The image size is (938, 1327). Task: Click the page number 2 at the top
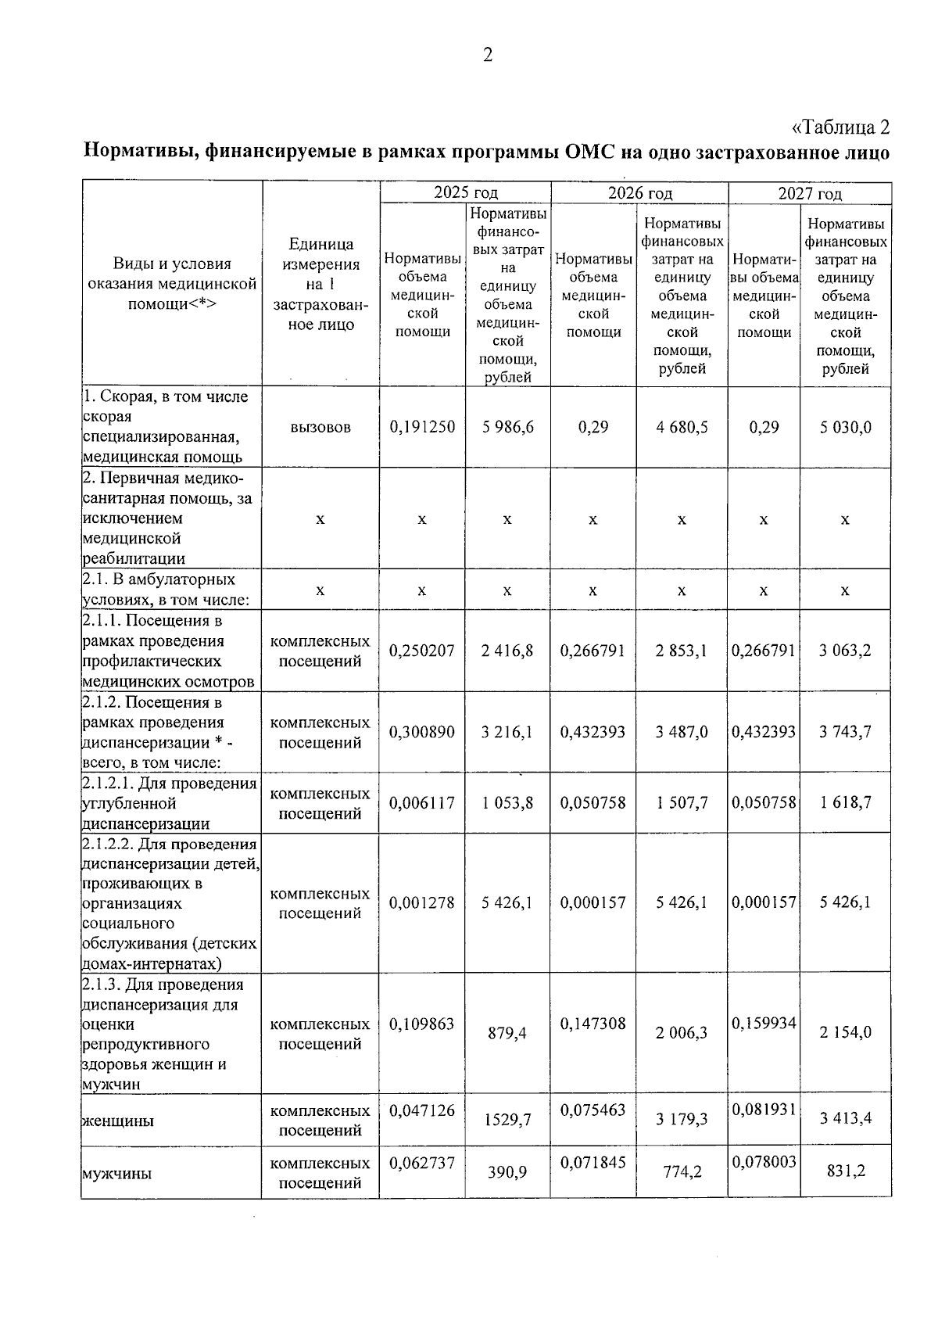coord(488,55)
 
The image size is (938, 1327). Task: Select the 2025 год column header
coord(466,193)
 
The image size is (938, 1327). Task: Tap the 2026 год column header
coord(640,193)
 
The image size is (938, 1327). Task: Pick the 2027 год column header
coord(810,193)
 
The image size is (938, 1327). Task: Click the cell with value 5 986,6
coord(508,427)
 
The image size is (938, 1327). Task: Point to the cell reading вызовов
coord(320,427)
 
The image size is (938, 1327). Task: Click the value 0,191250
coord(422,427)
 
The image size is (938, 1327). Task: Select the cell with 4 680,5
coord(682,427)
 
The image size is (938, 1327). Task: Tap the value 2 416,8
coord(508,651)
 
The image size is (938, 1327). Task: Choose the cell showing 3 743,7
coord(845,732)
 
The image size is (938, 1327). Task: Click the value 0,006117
coord(422,803)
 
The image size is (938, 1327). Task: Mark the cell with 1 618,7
coord(845,803)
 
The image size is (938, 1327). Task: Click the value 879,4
coord(508,1033)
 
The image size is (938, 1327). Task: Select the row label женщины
coord(118,1121)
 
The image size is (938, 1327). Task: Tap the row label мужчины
coord(116,1173)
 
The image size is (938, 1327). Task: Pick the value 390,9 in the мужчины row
coord(508,1172)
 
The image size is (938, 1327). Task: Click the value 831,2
coord(845,1172)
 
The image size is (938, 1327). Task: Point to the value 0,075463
coord(593,1110)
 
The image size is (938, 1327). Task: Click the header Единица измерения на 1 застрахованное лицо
coord(320,285)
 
